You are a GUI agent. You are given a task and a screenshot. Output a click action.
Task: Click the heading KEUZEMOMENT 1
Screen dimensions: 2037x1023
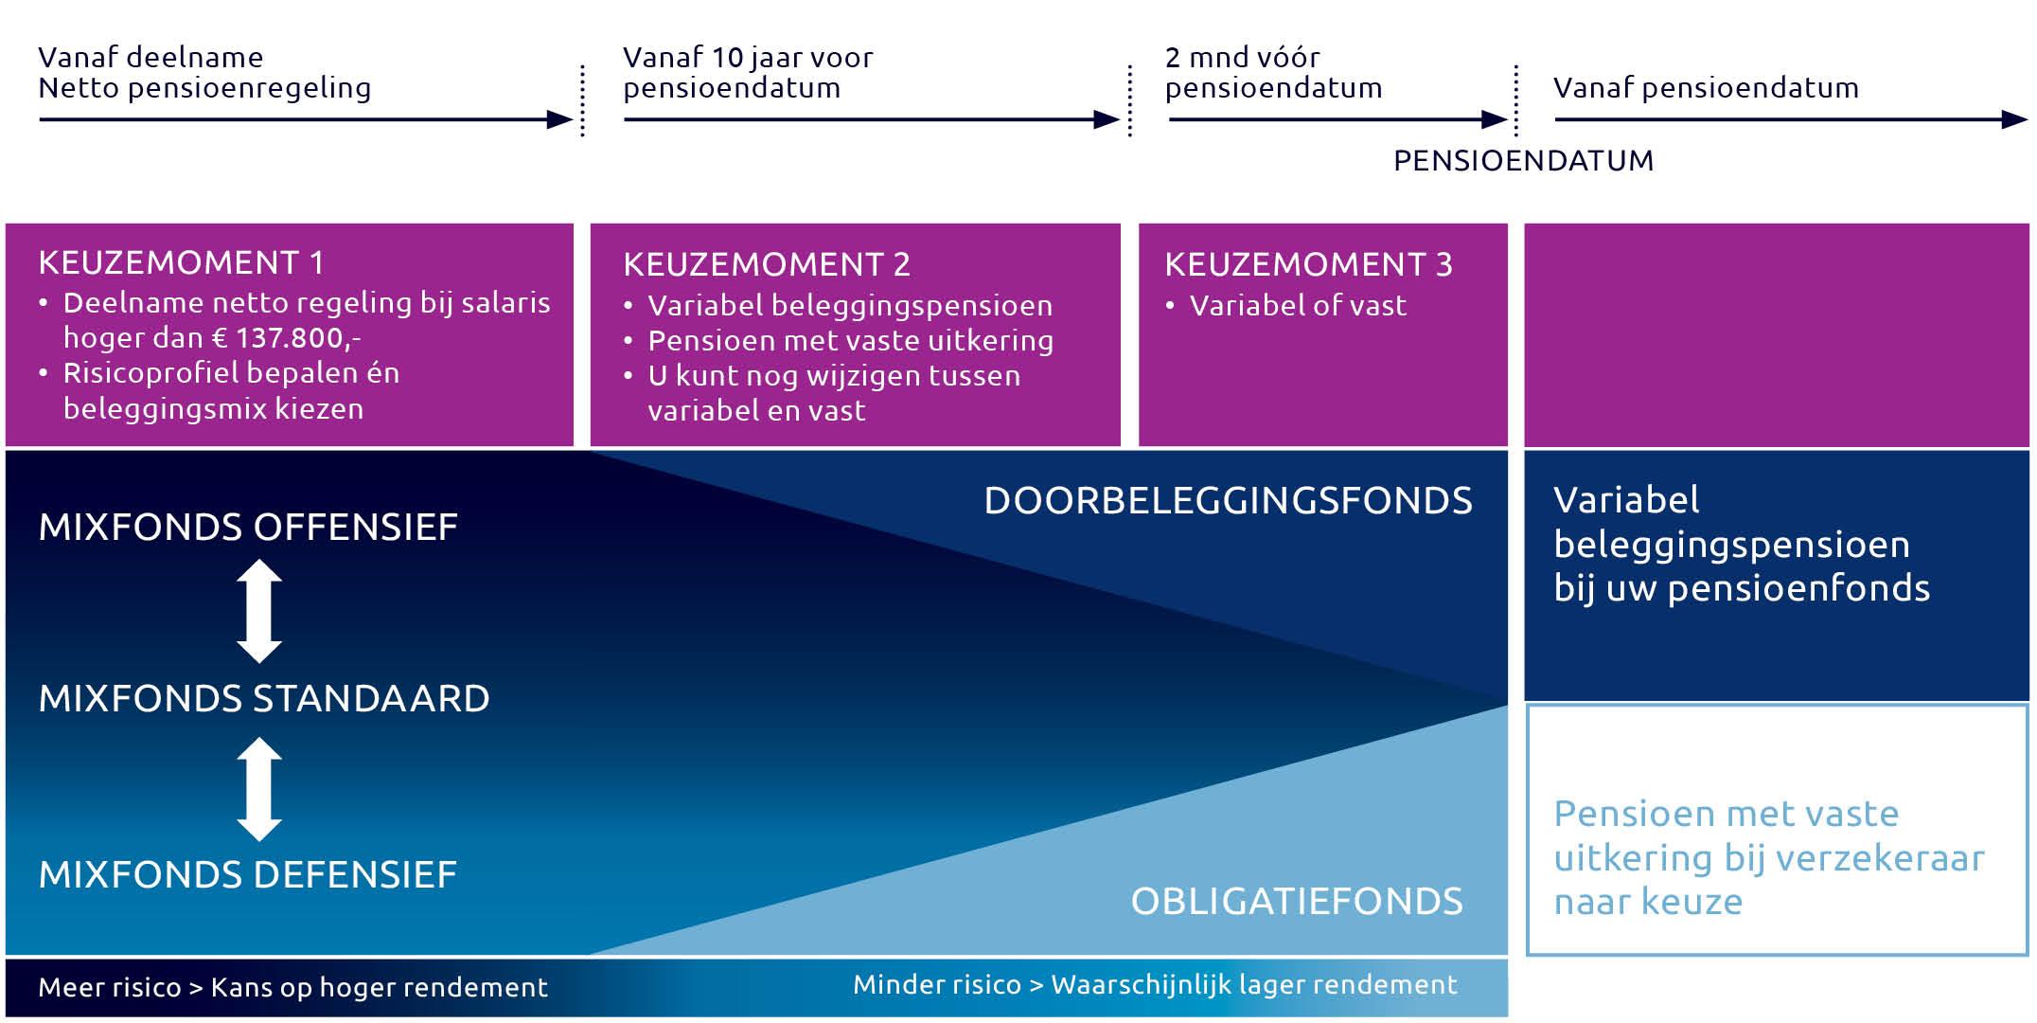click(x=181, y=262)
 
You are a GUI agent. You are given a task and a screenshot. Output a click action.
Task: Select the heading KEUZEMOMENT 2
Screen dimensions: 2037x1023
click(x=767, y=264)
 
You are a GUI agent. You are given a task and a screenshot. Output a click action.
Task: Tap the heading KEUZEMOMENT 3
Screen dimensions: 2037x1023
click(x=1308, y=264)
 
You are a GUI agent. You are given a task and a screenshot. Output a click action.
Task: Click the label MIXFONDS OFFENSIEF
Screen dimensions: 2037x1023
click(x=248, y=527)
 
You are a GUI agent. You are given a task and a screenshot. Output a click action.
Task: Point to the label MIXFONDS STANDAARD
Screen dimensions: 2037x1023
click(x=264, y=698)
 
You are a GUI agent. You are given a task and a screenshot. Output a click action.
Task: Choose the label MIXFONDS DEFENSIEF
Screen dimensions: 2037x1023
click(x=248, y=874)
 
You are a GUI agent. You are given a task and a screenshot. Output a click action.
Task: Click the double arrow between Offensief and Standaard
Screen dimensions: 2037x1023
click(x=259, y=611)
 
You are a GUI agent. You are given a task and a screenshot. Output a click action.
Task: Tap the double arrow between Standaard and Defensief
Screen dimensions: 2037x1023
click(x=259, y=789)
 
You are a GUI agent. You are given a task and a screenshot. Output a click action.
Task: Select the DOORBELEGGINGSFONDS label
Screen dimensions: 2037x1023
click(x=1229, y=500)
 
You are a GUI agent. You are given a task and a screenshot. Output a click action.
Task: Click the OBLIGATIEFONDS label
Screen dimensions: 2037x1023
click(x=1297, y=901)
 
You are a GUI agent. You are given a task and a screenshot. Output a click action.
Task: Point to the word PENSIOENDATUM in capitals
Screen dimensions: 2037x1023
click(x=1524, y=160)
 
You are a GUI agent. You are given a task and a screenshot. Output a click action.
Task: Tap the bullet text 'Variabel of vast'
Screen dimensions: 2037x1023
click(x=1298, y=305)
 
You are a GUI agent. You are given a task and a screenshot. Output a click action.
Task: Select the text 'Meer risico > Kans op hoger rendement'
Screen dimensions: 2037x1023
click(x=293, y=987)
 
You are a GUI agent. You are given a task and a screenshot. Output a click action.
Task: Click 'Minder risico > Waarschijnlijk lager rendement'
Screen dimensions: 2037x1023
click(x=1155, y=985)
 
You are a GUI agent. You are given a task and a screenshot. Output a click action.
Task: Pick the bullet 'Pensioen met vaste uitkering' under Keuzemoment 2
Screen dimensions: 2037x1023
click(x=850, y=340)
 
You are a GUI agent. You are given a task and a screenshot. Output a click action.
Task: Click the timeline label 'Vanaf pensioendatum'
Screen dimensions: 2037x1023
click(x=1706, y=88)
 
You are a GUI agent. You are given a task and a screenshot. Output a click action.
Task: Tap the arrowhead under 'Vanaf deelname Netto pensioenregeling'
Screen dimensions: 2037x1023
click(x=560, y=120)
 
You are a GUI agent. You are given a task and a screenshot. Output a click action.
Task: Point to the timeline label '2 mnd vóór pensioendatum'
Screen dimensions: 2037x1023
click(x=1273, y=72)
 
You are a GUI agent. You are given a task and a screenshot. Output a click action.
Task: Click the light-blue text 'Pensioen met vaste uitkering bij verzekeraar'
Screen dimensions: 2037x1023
click(x=1769, y=835)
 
